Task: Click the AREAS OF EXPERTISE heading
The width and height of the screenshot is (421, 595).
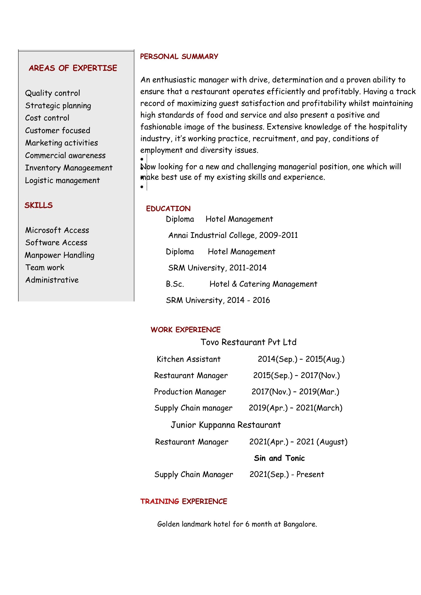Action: click(73, 68)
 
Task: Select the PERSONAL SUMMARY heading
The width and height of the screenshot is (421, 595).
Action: click(179, 56)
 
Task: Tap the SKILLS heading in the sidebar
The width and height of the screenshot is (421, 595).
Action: click(39, 205)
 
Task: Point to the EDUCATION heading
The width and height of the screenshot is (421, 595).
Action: click(168, 209)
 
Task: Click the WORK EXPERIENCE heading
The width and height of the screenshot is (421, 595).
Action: click(185, 330)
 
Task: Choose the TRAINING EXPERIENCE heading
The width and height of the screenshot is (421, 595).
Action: click(184, 501)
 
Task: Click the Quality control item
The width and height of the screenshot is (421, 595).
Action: click(53, 93)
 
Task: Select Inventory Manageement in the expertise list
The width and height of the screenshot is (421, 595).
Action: click(69, 168)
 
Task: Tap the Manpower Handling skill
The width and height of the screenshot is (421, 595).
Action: click(60, 255)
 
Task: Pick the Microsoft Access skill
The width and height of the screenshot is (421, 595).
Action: click(57, 230)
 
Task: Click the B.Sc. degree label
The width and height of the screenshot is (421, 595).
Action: click(175, 284)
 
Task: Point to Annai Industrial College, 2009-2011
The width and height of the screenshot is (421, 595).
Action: click(233, 235)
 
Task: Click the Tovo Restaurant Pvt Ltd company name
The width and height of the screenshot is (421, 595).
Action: click(248, 342)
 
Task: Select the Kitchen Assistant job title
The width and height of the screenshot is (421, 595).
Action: click(188, 359)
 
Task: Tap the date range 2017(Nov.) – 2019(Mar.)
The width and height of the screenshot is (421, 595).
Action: click(295, 391)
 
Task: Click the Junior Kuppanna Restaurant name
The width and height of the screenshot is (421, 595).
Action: click(226, 425)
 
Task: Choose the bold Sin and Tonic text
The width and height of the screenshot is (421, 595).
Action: click(279, 458)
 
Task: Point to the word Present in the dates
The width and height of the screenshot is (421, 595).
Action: click(310, 474)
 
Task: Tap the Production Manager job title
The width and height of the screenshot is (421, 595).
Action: click(190, 391)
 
